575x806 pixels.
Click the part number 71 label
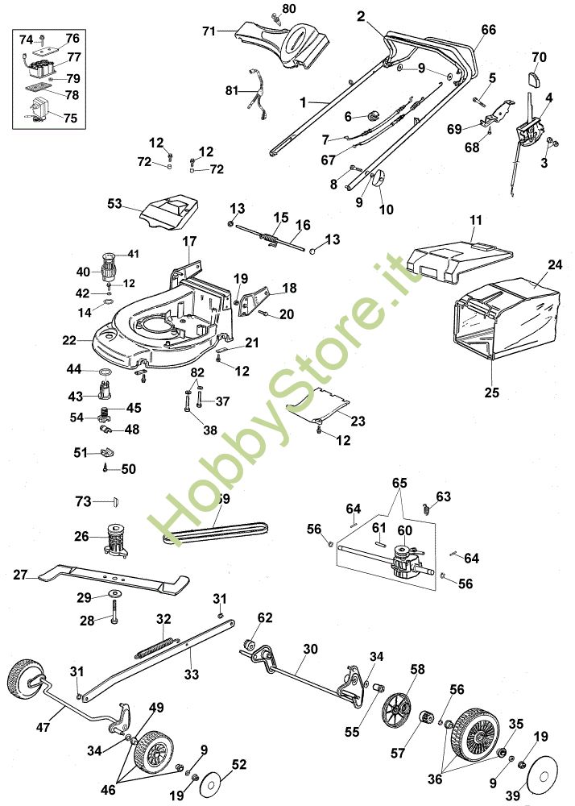click(x=209, y=31)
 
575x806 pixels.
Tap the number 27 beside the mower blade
click(x=21, y=575)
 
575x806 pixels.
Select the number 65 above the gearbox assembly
click(x=400, y=483)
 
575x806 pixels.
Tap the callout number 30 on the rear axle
click(x=311, y=648)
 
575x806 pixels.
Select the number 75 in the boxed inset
click(x=70, y=118)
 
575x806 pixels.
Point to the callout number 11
click(x=475, y=219)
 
